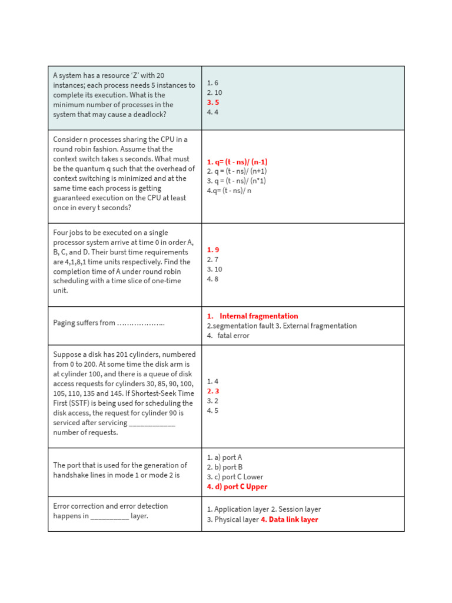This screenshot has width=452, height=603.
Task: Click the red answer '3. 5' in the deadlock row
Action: click(x=212, y=102)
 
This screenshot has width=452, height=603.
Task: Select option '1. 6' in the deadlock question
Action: click(x=212, y=83)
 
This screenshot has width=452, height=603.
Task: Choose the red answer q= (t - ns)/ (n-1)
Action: click(x=237, y=162)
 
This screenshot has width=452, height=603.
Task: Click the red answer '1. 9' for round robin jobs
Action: click(x=213, y=250)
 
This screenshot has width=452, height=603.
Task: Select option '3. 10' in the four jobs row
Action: click(x=214, y=269)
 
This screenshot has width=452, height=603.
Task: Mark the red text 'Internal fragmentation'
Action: click(x=258, y=316)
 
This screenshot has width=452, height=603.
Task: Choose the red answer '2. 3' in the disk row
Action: click(x=213, y=391)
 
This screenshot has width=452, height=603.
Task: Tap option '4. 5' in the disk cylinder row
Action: click(x=212, y=410)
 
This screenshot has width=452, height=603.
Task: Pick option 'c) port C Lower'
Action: click(x=235, y=477)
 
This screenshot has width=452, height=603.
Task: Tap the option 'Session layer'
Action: click(x=300, y=509)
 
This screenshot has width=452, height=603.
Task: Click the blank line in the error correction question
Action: click(x=109, y=516)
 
